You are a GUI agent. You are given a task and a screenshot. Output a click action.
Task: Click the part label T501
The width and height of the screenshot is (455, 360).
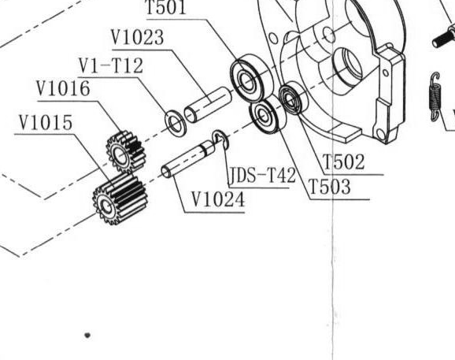click(x=166, y=8)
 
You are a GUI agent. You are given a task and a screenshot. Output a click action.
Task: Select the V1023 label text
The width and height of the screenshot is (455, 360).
click(x=138, y=38)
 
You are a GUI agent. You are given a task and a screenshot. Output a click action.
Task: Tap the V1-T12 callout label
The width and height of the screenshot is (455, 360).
click(x=111, y=66)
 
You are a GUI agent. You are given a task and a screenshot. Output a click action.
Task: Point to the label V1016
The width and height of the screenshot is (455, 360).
click(x=63, y=88)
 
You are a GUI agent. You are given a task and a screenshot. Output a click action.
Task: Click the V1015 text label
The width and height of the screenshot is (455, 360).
click(x=46, y=122)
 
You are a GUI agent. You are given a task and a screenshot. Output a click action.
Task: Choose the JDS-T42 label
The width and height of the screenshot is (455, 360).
click(x=263, y=175)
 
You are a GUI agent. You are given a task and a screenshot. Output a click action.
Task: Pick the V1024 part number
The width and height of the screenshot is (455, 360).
click(x=218, y=200)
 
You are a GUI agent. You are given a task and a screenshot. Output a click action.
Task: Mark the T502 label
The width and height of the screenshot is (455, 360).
click(x=343, y=161)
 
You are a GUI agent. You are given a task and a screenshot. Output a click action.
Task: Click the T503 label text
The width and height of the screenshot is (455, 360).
click(x=330, y=187)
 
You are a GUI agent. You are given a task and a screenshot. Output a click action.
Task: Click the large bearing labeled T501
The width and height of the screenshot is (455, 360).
click(x=252, y=78)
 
